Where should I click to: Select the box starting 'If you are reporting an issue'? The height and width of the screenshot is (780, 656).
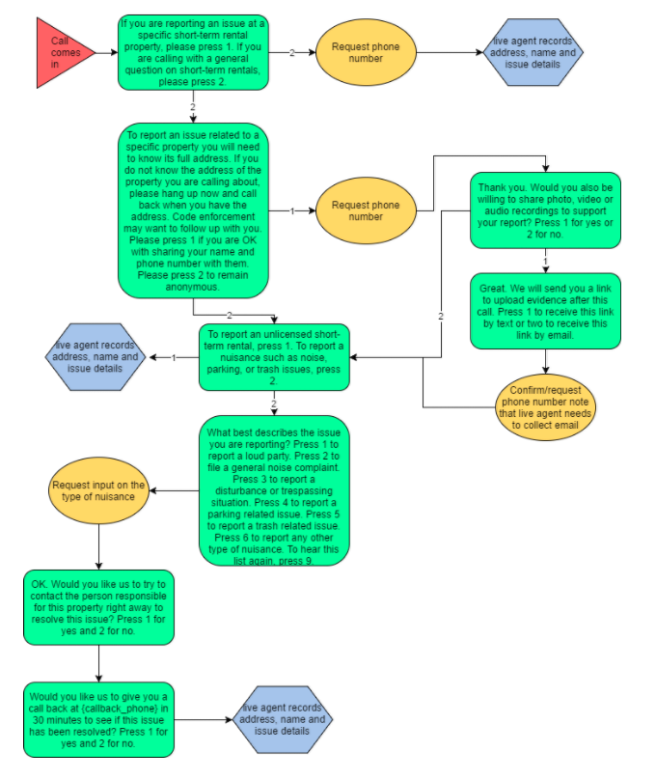tap(193, 51)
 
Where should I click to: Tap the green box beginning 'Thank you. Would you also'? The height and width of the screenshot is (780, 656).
tap(546, 210)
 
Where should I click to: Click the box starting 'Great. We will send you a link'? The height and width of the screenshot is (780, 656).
tap(546, 311)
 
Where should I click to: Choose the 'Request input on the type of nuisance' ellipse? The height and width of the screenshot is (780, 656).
tap(99, 491)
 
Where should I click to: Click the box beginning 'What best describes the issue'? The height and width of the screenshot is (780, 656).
tap(274, 491)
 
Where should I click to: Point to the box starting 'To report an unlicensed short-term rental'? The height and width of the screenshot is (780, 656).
tap(274, 357)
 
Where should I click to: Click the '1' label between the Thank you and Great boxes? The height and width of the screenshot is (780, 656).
tap(546, 262)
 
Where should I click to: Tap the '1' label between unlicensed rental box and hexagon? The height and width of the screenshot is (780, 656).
tap(174, 358)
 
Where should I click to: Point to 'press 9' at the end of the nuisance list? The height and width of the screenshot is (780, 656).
tap(295, 561)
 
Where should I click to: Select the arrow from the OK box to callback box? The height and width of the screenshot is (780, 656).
tap(99, 664)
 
